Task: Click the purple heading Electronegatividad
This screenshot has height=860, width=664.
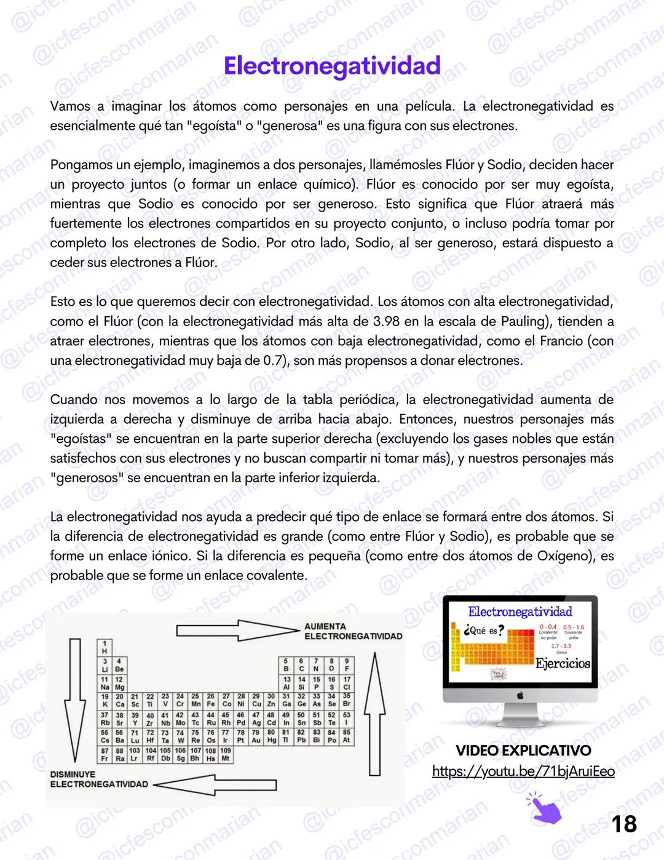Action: (x=332, y=66)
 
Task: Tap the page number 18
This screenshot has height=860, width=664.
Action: (x=624, y=824)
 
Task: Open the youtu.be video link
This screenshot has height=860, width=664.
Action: (x=523, y=771)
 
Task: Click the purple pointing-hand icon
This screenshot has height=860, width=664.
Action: (x=545, y=808)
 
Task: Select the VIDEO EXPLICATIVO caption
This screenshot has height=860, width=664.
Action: (x=523, y=751)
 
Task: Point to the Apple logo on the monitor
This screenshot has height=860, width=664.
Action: (x=520, y=696)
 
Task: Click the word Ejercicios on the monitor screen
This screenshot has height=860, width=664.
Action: (x=563, y=663)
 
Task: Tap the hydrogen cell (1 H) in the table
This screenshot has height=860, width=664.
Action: (x=105, y=647)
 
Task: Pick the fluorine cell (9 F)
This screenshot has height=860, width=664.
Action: (x=347, y=665)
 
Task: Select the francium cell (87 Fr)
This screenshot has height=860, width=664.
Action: (x=105, y=755)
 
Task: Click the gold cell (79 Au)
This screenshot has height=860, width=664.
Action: (x=256, y=736)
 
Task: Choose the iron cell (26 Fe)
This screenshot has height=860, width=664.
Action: (x=210, y=700)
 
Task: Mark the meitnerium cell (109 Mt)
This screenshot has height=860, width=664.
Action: (x=226, y=755)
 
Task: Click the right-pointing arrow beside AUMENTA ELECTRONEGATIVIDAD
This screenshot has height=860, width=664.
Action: (x=237, y=631)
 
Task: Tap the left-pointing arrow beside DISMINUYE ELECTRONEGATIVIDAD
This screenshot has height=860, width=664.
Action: (x=215, y=784)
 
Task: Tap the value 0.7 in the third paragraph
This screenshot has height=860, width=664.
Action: (x=274, y=360)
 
